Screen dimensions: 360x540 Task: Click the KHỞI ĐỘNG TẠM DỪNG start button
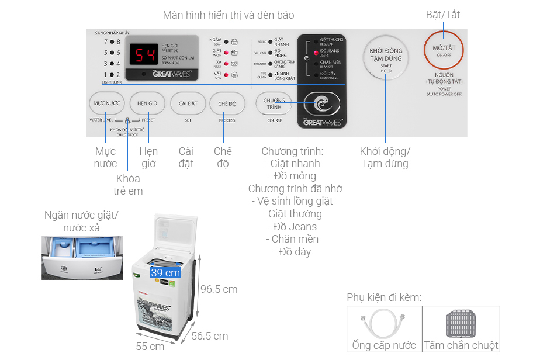[x=386, y=58]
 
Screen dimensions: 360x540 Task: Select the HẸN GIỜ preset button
[x=147, y=103]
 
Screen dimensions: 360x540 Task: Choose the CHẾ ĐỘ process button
[x=227, y=103]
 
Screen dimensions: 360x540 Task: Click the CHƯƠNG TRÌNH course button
[x=274, y=103]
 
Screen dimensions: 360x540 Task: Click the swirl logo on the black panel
[x=322, y=105]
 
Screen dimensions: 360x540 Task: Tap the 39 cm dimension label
[x=165, y=272]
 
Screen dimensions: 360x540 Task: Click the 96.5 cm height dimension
[x=219, y=289]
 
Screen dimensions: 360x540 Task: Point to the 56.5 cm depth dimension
[x=209, y=335]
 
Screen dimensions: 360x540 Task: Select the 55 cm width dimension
[x=150, y=346]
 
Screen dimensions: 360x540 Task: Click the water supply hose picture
[x=384, y=322]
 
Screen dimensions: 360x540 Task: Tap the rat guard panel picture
[x=461, y=322]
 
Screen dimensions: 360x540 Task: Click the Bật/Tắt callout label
[x=442, y=15]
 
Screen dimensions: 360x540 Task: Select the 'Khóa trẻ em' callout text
[x=128, y=185]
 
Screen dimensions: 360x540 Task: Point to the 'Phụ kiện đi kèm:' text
[x=384, y=297]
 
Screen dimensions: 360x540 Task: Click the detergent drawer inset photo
[x=81, y=257]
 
